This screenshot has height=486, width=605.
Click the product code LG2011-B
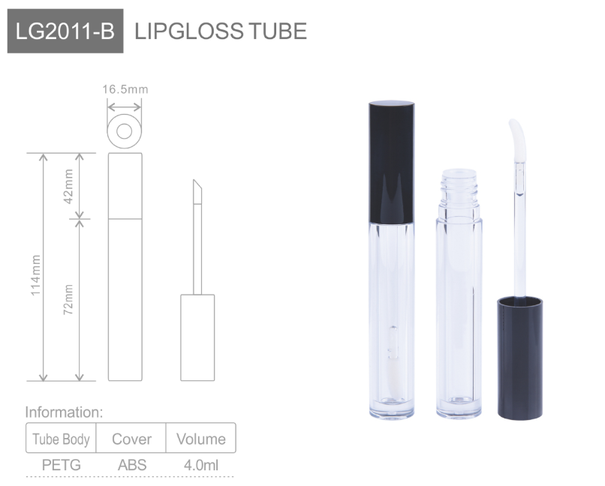[65, 31]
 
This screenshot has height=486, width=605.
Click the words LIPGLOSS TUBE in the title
[220, 31]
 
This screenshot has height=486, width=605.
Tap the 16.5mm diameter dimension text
[125, 90]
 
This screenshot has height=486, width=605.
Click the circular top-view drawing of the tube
[125, 131]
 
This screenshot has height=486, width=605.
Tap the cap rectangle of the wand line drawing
[197, 337]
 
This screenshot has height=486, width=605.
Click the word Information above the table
[63, 412]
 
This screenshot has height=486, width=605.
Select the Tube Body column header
[61, 439]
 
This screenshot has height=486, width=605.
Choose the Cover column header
[131, 439]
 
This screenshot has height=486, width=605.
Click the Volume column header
[200, 439]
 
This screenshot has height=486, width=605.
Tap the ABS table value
[131, 465]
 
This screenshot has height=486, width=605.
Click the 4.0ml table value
[200, 465]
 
